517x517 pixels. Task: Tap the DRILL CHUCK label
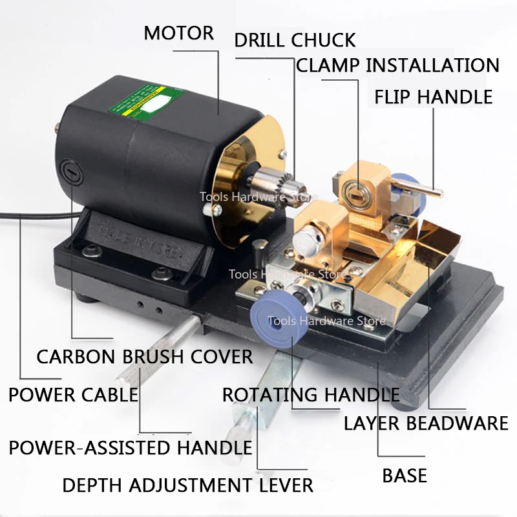pos(295,40)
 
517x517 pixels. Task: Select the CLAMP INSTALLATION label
pos(397,65)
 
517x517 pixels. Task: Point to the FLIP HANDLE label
pos(433,97)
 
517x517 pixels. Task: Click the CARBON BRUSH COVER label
pos(145,356)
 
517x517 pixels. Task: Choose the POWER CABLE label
pos(73,394)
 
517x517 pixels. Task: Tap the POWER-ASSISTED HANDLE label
pos(130,447)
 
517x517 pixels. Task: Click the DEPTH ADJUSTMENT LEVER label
pos(187,485)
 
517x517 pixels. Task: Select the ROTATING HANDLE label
pos(311,394)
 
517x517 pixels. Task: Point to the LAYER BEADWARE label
pos(426,423)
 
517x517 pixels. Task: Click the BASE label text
pos(405,476)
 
